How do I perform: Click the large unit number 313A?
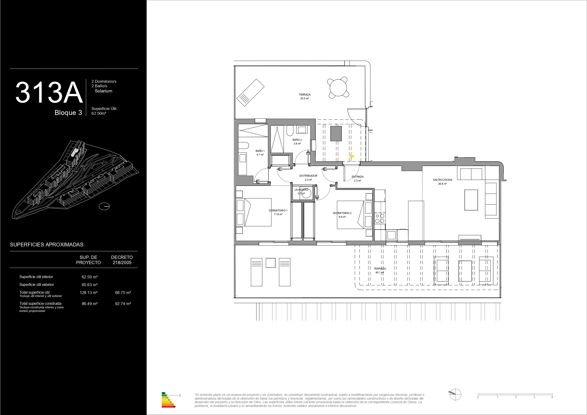[49, 92]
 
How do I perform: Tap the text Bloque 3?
[68, 113]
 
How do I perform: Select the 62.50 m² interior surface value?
[90, 277]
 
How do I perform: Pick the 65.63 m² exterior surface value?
[90, 285]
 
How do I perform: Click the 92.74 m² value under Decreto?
[123, 304]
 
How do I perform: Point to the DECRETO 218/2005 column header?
[122, 260]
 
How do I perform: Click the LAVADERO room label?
[302, 190]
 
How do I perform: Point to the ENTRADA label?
[357, 177]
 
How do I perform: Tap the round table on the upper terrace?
[338, 88]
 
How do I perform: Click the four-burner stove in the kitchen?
[380, 219]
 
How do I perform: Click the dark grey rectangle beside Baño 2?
[336, 133]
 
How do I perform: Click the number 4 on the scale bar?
[552, 397]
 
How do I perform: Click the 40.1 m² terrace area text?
[380, 272]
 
